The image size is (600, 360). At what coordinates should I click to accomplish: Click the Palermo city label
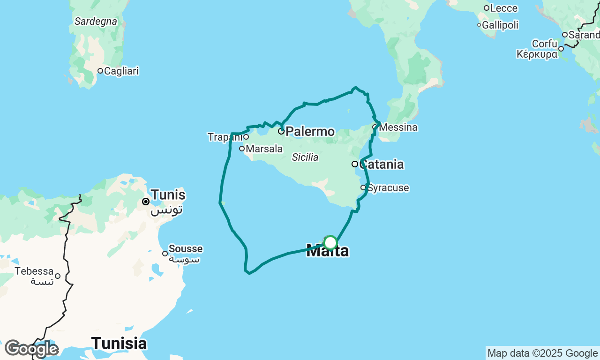[x=310, y=131]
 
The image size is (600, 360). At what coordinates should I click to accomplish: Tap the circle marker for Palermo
[x=281, y=131]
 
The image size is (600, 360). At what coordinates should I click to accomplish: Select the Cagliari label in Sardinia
[x=121, y=71]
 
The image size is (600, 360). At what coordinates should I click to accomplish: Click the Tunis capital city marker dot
[x=146, y=202]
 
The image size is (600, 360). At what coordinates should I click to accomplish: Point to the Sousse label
[x=186, y=249]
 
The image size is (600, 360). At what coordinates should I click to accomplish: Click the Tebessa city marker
[x=58, y=276]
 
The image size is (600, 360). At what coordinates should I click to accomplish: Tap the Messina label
[x=398, y=127]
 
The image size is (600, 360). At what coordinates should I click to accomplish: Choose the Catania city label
[x=382, y=165]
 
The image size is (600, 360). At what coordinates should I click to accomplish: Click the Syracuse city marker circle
[x=363, y=187]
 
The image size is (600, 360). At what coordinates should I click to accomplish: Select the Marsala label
[x=264, y=149]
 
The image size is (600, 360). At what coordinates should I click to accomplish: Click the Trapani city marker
[x=246, y=137]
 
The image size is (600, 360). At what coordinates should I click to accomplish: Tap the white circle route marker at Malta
[x=330, y=243]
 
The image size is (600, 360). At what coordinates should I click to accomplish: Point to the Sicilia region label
[x=305, y=157]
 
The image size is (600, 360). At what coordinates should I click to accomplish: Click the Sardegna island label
[x=96, y=21]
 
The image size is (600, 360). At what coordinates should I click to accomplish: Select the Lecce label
[x=504, y=8]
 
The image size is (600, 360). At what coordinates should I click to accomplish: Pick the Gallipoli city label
[x=500, y=25]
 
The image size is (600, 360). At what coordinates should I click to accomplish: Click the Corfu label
[x=544, y=44]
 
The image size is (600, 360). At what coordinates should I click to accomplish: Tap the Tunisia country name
[x=119, y=343]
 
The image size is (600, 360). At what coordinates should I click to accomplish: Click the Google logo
[x=31, y=349]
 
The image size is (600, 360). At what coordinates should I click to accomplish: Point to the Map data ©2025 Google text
[x=542, y=353]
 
